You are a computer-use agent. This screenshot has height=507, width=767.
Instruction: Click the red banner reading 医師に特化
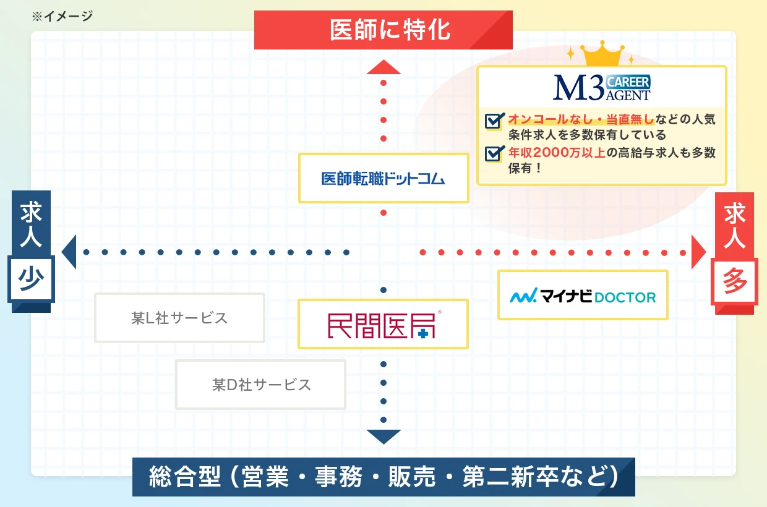pos(383,30)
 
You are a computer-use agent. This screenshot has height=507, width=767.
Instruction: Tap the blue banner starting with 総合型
pos(383,477)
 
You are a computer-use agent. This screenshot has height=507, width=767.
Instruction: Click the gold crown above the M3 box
pos(602,54)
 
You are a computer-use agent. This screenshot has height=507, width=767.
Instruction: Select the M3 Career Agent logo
pos(601,88)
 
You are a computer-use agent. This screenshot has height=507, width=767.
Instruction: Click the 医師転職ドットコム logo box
pos(383,179)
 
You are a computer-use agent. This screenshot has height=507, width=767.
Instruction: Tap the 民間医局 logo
pos(383,323)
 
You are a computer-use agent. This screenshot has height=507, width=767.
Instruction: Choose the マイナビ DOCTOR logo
pos(583,296)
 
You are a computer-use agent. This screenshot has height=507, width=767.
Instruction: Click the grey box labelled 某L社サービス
pos(179,318)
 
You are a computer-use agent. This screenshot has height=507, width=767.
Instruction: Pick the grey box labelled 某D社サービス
pos(261,385)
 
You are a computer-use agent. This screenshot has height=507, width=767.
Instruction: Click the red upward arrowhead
pos(383,67)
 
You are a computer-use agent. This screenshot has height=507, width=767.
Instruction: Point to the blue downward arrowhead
pos(383,437)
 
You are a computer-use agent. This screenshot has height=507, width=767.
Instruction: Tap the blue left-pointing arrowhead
pos(69,252)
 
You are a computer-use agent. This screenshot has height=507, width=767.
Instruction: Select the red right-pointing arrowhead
pos(698,252)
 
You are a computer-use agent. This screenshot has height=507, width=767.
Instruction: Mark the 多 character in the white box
pos(735,282)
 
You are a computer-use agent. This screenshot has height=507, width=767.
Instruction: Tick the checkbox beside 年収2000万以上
pos(493,153)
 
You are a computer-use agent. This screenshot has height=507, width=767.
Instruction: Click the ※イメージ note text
pos(62,16)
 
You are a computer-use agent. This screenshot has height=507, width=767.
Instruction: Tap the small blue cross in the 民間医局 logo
pos(422,333)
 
